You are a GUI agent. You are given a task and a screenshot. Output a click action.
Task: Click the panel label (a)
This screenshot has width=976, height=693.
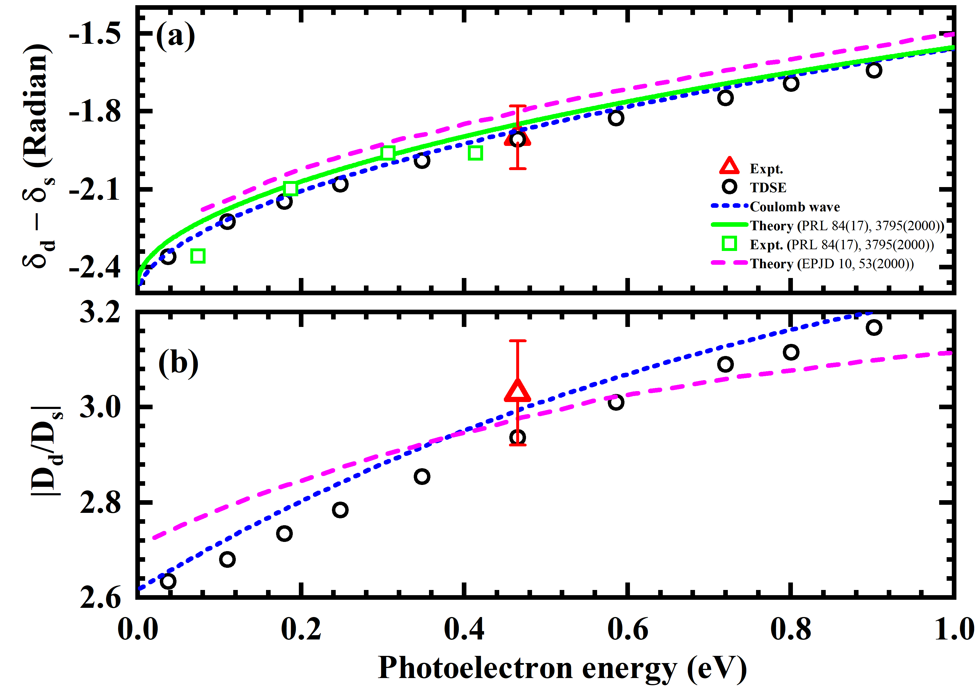[x=175, y=36]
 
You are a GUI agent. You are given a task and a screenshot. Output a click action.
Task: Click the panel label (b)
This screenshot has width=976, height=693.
[x=178, y=363]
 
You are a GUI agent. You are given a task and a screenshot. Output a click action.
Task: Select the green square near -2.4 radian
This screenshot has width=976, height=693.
[x=198, y=256]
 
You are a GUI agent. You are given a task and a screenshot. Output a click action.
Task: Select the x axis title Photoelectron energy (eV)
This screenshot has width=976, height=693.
[x=562, y=668]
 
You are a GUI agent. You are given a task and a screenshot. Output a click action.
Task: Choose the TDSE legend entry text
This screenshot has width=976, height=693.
[x=768, y=188]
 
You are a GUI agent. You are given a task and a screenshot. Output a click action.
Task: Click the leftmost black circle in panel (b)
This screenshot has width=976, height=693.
[x=168, y=581]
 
